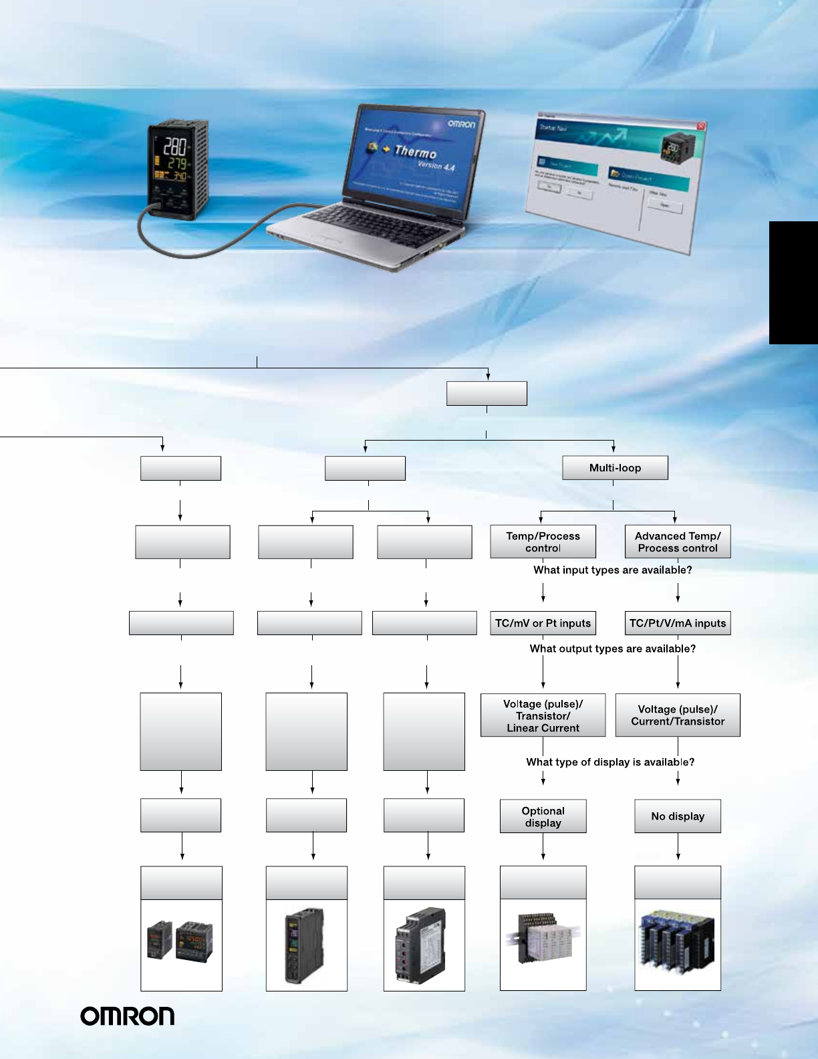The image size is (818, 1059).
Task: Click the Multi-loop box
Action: tap(615, 468)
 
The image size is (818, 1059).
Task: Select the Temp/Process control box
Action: tap(543, 542)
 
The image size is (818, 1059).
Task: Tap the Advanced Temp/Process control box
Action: tap(678, 542)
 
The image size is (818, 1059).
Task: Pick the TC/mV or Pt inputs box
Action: tap(543, 623)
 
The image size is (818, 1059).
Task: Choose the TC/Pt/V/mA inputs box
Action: tap(678, 623)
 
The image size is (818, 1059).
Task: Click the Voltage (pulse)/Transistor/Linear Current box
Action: tap(543, 715)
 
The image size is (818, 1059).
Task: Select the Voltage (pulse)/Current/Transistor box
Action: tap(678, 715)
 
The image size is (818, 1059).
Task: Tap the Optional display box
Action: tap(543, 816)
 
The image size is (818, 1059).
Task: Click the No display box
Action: tap(678, 816)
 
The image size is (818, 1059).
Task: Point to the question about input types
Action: tap(612, 570)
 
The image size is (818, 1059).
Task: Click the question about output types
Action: tap(612, 649)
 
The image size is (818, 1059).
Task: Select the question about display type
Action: tap(610, 762)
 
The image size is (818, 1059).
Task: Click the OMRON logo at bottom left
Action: tap(128, 1016)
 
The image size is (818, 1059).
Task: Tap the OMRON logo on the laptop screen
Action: tap(461, 124)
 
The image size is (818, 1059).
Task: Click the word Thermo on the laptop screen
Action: tap(415, 152)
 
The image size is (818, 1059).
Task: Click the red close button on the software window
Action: tap(700, 126)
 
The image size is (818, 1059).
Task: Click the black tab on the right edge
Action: tap(793, 283)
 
